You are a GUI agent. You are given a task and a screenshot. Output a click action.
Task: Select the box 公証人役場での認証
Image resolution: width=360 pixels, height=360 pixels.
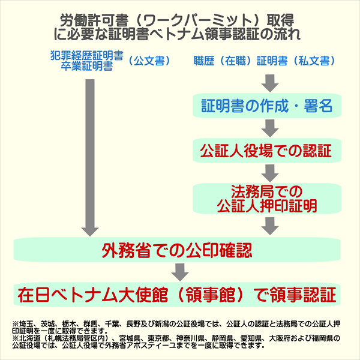pyautogui.click(x=267, y=149)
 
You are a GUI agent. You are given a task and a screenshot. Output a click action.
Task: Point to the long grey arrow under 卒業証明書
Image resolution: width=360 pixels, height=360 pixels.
pyautogui.click(x=90, y=156)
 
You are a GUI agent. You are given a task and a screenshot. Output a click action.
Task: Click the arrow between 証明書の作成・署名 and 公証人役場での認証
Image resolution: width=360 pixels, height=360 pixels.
pyautogui.click(x=269, y=128)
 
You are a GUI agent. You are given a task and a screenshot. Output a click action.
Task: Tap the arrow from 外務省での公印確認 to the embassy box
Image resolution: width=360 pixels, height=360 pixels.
pyautogui.click(x=176, y=271)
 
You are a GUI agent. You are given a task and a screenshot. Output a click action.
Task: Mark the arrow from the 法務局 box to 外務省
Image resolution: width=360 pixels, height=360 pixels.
pyautogui.click(x=269, y=224)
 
